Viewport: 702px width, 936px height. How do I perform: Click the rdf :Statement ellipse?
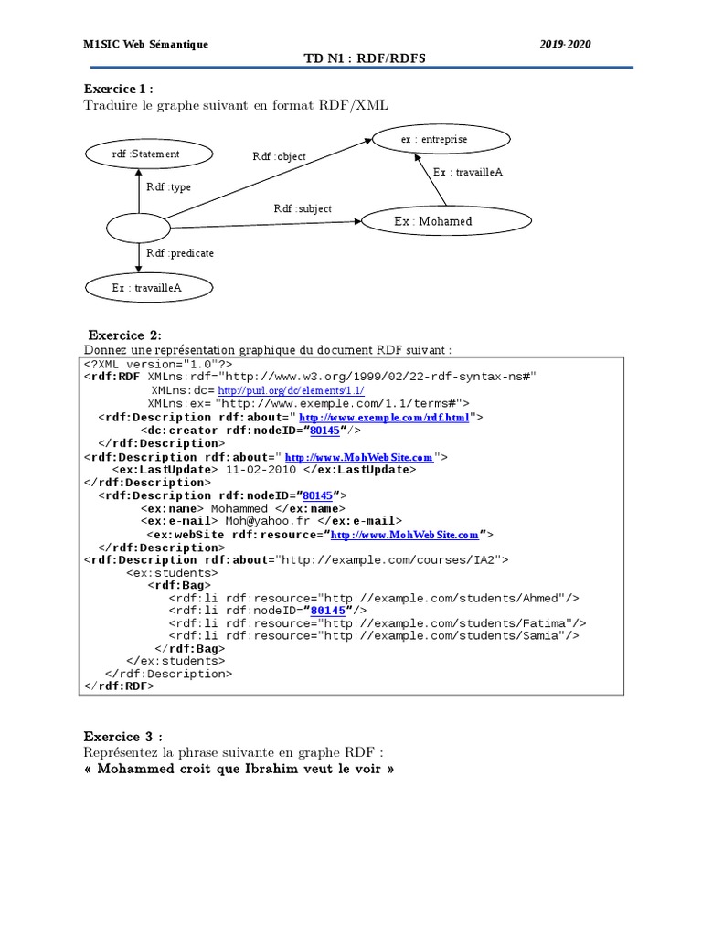(146, 154)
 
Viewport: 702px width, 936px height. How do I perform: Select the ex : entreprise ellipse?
(434, 139)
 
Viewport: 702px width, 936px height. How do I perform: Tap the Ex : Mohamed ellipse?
(446, 221)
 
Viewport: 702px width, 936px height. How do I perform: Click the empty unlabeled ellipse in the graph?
(138, 228)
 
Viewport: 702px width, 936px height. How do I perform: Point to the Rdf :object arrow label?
(280, 156)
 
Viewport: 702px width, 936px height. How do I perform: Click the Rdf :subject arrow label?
(303, 208)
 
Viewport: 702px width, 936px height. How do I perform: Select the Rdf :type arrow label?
(169, 187)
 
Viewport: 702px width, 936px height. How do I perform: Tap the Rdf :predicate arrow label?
(180, 252)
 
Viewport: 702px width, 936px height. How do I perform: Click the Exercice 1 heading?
(119, 90)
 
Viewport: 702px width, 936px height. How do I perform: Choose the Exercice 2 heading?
(124, 335)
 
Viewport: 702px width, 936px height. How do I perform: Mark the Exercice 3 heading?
(124, 737)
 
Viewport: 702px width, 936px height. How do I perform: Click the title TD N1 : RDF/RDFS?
(365, 58)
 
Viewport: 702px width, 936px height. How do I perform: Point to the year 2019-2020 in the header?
(565, 43)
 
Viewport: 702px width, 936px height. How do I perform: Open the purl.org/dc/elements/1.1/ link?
(291, 390)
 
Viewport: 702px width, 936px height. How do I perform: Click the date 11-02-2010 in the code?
(262, 469)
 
